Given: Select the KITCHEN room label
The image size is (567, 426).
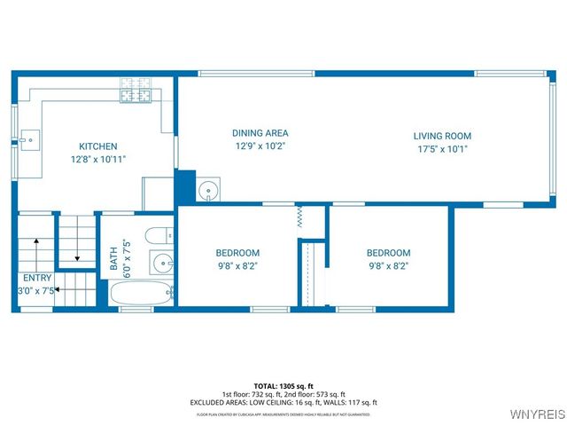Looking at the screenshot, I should [97, 146].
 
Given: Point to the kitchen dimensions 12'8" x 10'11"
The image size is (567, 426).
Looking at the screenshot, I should [97, 159].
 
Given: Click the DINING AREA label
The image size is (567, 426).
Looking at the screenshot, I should [260, 133].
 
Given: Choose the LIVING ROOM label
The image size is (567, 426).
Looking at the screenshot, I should [442, 136].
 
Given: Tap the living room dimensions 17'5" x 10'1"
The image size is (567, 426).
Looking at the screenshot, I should [442, 148].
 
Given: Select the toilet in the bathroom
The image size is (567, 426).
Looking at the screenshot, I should [158, 237].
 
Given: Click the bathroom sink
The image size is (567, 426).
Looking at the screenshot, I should [162, 264].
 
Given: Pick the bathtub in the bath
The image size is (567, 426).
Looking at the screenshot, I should [142, 293].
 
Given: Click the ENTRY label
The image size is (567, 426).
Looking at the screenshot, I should [36, 278].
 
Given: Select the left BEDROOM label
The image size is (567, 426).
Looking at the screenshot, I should [237, 253].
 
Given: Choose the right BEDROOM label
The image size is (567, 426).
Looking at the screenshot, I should [389, 253].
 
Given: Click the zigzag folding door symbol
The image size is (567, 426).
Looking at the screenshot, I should [299, 215].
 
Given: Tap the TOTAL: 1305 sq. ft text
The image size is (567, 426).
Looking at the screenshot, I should [283, 387].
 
